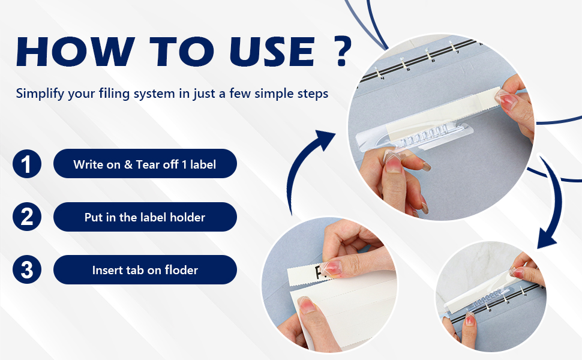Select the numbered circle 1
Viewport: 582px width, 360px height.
click(x=27, y=164)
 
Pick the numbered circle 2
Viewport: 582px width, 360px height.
click(x=27, y=217)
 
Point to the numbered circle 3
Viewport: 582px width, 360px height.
click(x=27, y=269)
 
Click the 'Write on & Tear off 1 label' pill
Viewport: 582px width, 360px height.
click(x=145, y=164)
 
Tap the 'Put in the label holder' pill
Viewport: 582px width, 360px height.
click(x=145, y=217)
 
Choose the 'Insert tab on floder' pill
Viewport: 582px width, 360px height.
click(x=145, y=270)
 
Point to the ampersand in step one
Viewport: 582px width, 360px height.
click(x=128, y=164)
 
